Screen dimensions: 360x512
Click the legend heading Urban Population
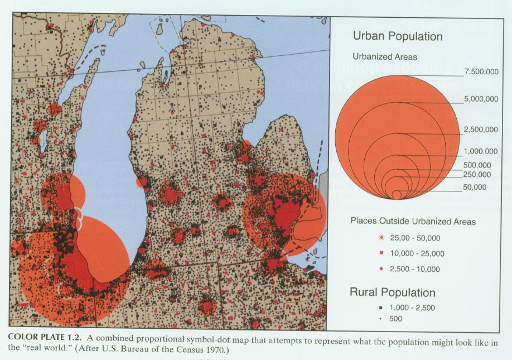pos(398,37)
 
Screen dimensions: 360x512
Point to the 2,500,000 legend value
pos(480,130)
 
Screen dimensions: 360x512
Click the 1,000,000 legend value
pos(480,151)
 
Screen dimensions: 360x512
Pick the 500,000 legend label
pos(477,165)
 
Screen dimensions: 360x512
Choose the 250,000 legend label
pos(477,175)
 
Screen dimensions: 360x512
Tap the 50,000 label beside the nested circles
pos(475,187)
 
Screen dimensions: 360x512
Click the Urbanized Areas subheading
pos(385,57)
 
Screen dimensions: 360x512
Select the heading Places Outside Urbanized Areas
pos(413,222)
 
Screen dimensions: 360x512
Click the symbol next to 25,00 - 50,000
pos(382,237)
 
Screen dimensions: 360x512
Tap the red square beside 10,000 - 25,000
pos(382,253)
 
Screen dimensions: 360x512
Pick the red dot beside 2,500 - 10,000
pos(382,269)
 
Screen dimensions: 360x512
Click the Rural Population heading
pos(392,292)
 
